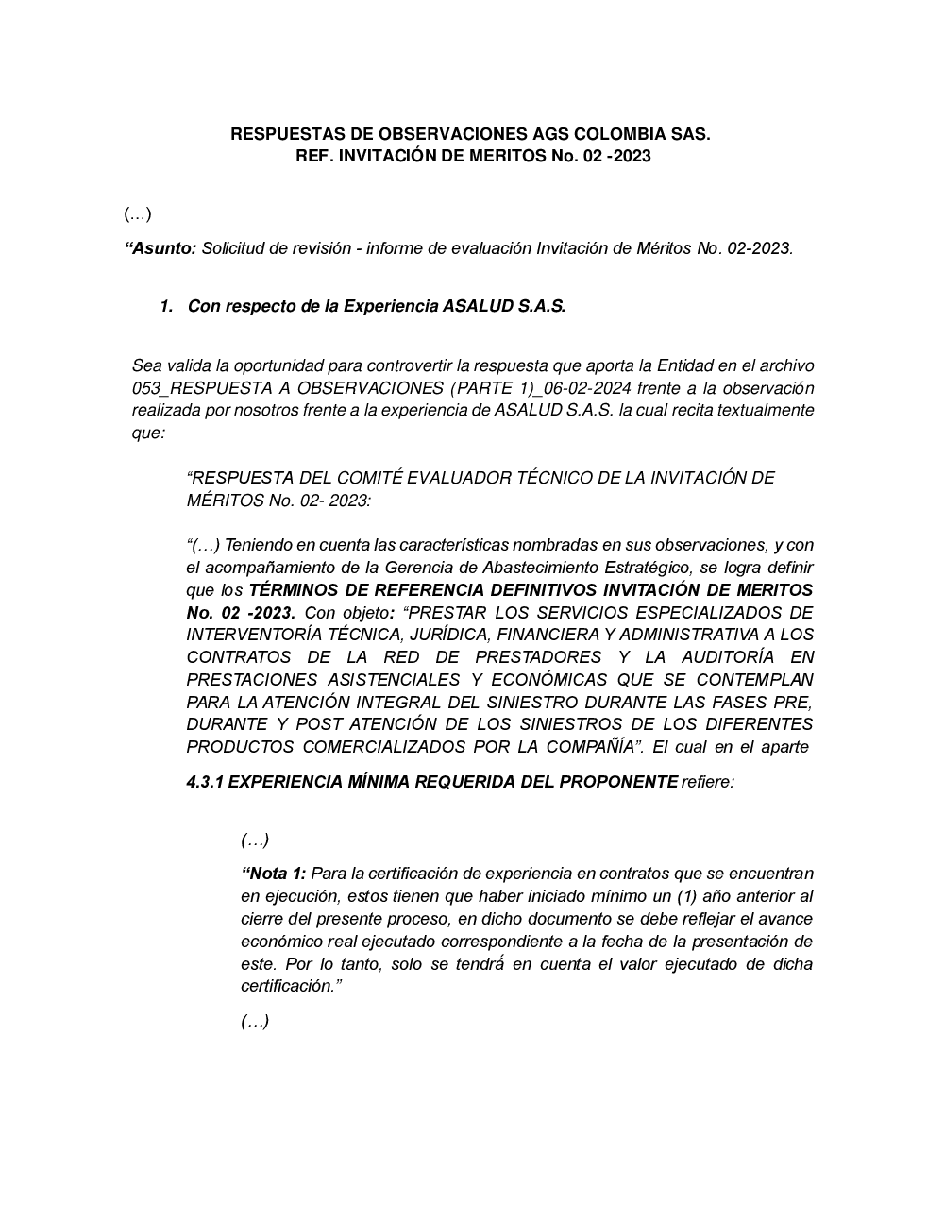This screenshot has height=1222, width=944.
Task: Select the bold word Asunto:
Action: tap(161, 248)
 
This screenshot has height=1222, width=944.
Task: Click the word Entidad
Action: tap(687, 365)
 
